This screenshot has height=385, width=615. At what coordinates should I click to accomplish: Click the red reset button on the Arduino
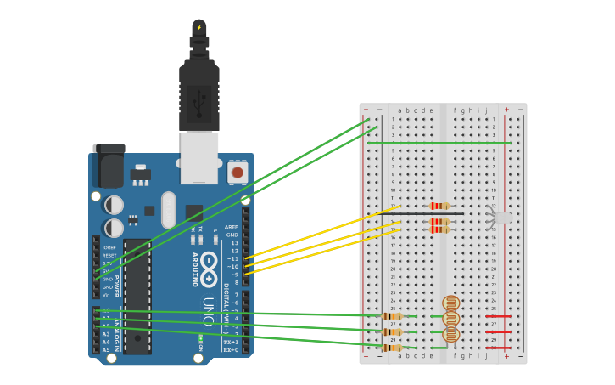tap(237, 173)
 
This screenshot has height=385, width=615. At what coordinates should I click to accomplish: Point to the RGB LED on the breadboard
tap(502, 218)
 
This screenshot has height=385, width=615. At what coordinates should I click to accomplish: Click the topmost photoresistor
tap(450, 303)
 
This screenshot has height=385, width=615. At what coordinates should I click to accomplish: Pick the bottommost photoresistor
tap(450, 334)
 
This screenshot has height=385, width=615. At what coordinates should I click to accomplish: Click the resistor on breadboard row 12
tap(439, 206)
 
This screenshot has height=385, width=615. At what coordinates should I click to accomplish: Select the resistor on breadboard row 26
tap(392, 316)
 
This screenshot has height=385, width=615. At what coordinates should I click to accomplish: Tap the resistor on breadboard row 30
tap(392, 348)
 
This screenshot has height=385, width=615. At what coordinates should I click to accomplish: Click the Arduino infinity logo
tap(209, 264)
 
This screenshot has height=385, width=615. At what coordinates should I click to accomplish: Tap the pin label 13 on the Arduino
tap(234, 243)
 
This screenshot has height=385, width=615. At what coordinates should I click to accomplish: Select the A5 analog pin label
tap(106, 349)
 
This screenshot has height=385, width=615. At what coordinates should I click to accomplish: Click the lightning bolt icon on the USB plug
tap(199, 27)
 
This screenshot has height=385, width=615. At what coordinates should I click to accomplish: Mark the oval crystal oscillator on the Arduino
tap(167, 209)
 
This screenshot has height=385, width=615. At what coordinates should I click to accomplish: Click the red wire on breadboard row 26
tap(500, 316)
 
